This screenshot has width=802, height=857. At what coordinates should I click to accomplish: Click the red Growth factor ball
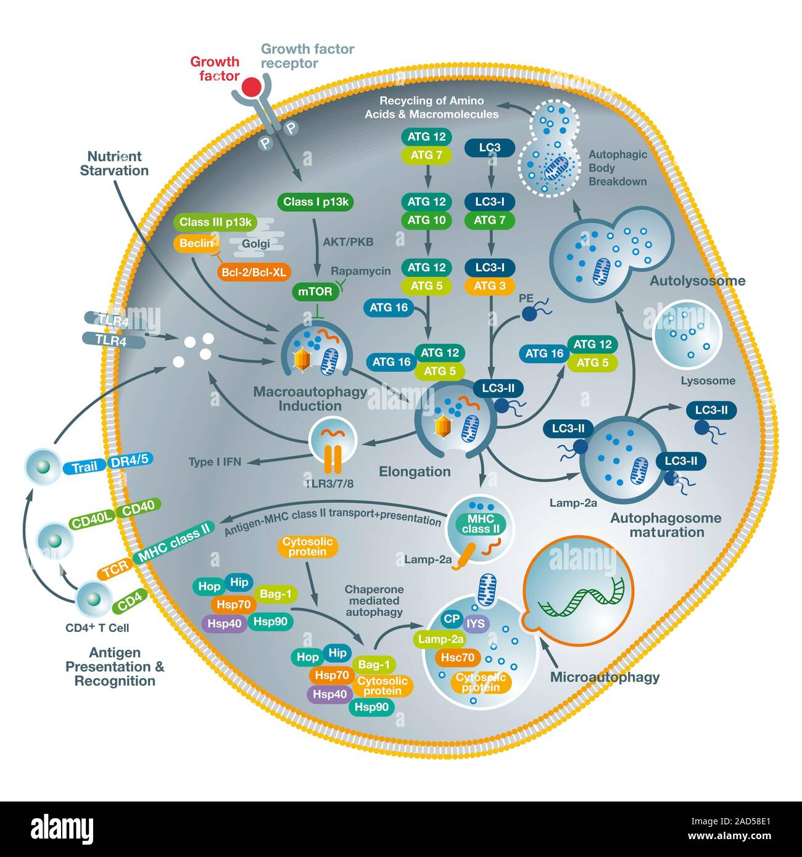click(251, 87)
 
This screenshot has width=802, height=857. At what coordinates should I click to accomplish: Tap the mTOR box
click(315, 292)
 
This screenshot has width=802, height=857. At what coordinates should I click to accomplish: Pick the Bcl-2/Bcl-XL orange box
click(254, 272)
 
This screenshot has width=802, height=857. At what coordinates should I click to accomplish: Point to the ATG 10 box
click(427, 220)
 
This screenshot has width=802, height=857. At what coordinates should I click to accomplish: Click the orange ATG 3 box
click(490, 285)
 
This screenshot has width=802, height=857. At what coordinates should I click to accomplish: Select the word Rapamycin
click(360, 271)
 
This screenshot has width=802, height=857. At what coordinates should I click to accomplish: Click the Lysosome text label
click(708, 381)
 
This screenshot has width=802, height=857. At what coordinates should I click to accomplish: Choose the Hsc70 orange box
click(458, 658)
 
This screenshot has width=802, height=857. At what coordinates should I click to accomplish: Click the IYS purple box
click(476, 624)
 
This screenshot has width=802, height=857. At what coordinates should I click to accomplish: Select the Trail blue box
click(85, 467)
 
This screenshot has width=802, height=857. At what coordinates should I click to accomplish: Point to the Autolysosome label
click(697, 281)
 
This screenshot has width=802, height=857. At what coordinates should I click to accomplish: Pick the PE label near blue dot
click(526, 298)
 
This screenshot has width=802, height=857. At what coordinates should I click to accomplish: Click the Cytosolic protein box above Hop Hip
click(307, 546)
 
